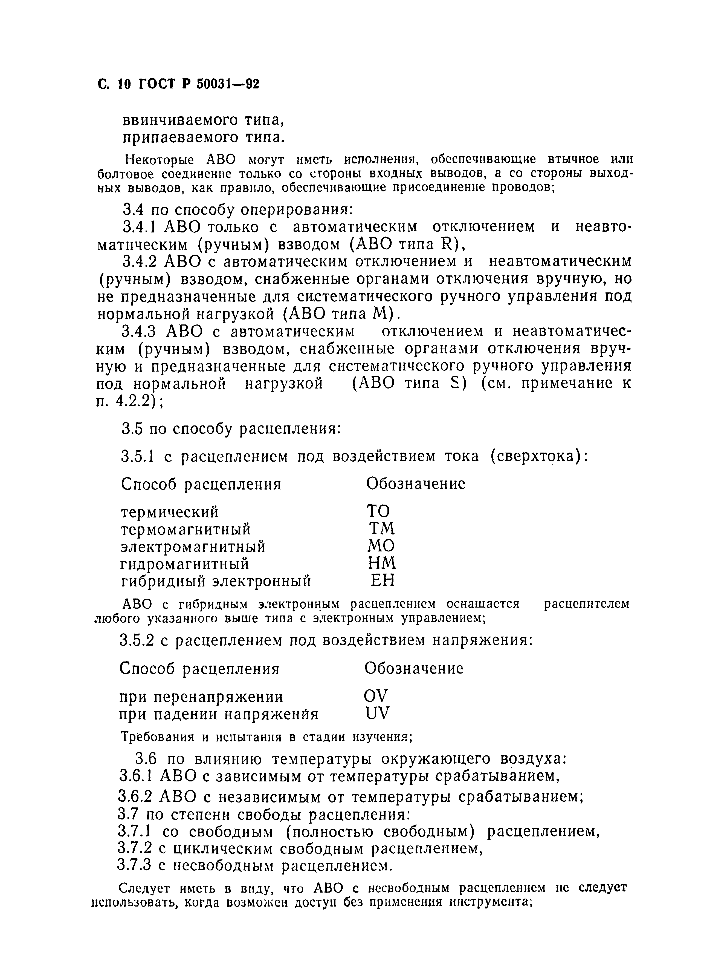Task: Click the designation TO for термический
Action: (x=378, y=512)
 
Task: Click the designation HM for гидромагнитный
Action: (x=382, y=563)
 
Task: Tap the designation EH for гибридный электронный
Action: (x=383, y=581)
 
